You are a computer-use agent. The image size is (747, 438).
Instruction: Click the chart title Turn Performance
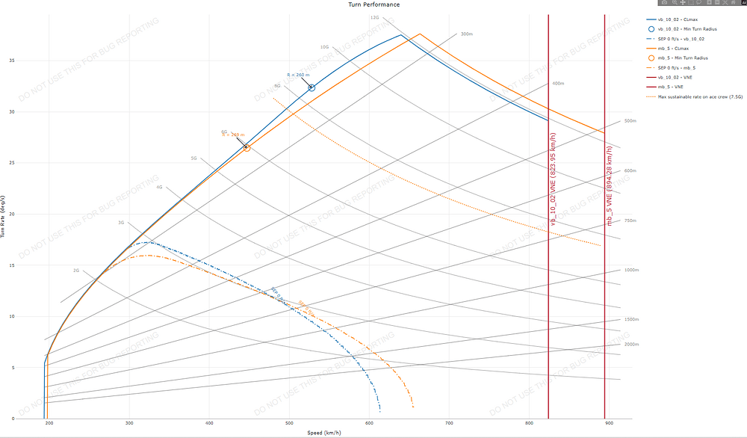point(373,4)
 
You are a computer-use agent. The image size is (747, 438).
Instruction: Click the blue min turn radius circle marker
point(311,87)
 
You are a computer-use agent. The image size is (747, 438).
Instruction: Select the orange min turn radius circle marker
point(247,148)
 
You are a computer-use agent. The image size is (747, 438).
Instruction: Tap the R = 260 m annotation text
point(297,75)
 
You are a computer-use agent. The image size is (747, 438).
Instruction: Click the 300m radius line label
point(467,34)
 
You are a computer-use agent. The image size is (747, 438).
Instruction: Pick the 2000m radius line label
point(632,345)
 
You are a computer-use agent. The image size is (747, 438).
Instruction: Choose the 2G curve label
point(75,270)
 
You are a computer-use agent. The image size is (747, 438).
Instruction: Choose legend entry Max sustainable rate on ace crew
point(698,96)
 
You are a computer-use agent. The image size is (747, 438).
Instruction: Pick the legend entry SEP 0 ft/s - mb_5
point(681,67)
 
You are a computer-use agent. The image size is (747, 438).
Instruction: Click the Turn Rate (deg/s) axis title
point(5,217)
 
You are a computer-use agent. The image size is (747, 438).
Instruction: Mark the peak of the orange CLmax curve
point(420,34)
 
